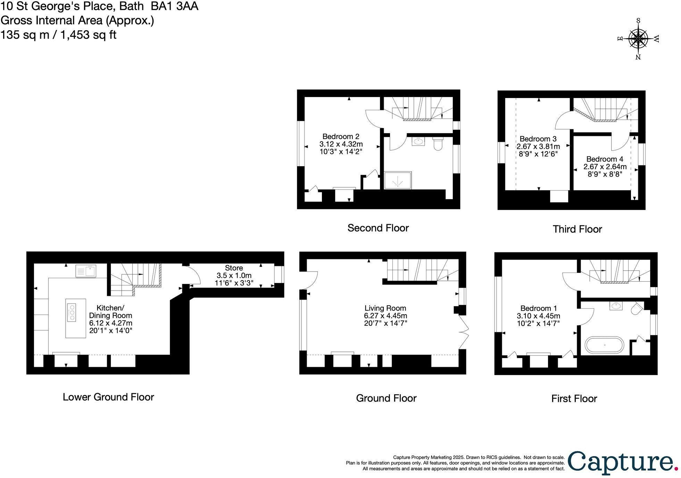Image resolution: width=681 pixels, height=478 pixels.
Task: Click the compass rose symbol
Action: [638, 39]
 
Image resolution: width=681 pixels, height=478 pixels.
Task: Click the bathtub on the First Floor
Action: [604, 345]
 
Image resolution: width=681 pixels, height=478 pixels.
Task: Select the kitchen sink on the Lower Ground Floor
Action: [86, 271]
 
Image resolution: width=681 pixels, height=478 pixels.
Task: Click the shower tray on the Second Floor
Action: [398, 180]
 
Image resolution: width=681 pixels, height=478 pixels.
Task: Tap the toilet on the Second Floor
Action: [438, 143]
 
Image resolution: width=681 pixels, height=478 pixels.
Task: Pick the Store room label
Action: [234, 268]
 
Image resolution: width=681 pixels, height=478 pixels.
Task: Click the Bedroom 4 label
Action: [605, 160]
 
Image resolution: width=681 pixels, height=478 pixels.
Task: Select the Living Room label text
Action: [385, 308]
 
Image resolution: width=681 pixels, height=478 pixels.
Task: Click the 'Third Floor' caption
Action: [577, 229]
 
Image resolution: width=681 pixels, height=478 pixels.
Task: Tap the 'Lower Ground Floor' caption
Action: [108, 397]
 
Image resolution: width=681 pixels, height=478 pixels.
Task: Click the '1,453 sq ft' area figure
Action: [89, 35]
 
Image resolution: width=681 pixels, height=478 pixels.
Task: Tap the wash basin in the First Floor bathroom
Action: [616, 306]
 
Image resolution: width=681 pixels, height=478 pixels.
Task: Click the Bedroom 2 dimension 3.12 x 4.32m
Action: [341, 144]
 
